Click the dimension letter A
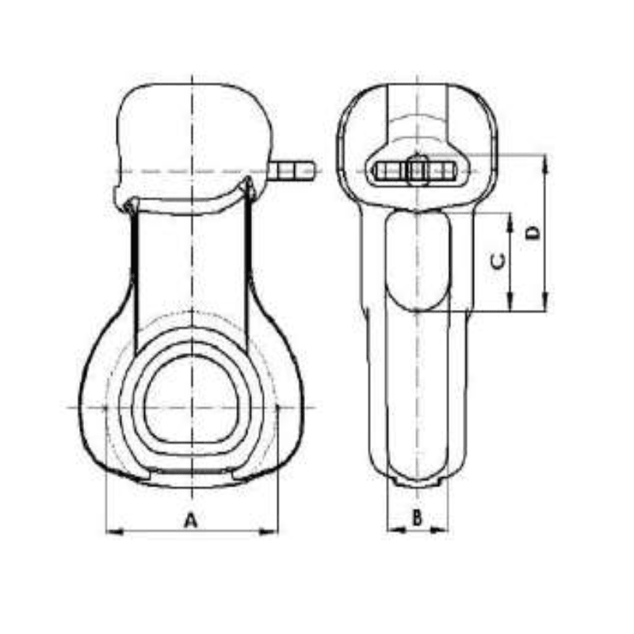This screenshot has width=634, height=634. pos(190,520)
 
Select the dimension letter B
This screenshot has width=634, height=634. pos(418,519)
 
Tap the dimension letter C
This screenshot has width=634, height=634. pos(498,261)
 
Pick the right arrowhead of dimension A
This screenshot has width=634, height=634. pos(273,532)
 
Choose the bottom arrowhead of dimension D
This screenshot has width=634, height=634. pos(545,304)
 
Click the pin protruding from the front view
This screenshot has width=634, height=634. pos(293,170)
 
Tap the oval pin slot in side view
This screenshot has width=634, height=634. pos(417,170)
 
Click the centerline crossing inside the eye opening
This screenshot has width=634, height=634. pos(191,407)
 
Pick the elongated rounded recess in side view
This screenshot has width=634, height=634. pos(417,262)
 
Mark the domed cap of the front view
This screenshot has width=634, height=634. pos(192,127)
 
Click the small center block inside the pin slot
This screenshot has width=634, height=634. pos(418,170)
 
